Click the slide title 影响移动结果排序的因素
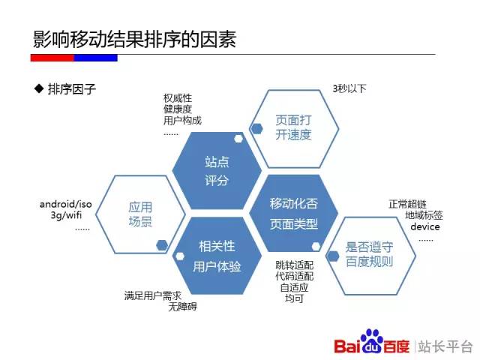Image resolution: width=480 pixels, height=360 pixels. click(x=134, y=39)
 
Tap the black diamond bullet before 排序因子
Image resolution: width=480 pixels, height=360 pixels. click(x=39, y=88)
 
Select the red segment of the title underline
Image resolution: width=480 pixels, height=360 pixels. click(x=52, y=58)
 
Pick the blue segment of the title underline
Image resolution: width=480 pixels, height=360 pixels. click(x=96, y=58)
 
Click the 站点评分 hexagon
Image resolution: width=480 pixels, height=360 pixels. click(x=217, y=171)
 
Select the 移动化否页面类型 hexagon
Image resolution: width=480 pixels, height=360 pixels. click(x=294, y=213)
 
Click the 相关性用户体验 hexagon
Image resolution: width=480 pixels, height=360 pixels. click(x=217, y=256)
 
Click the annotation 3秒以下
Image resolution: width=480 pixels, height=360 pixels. click(x=349, y=88)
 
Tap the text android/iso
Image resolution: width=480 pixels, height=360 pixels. click(x=65, y=204)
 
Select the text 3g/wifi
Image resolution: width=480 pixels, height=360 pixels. click(x=66, y=215)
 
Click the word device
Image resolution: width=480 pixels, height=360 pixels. click(x=425, y=226)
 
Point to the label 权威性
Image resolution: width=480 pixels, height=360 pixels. click(x=178, y=98)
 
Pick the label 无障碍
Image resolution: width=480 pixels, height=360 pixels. click(x=182, y=307)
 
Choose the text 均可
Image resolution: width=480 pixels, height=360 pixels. click(x=294, y=298)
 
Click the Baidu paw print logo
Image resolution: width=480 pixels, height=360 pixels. click(x=372, y=340)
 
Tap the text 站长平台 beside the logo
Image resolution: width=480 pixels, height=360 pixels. click(x=445, y=346)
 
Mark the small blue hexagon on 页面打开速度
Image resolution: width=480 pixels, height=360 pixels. click(x=256, y=128)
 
